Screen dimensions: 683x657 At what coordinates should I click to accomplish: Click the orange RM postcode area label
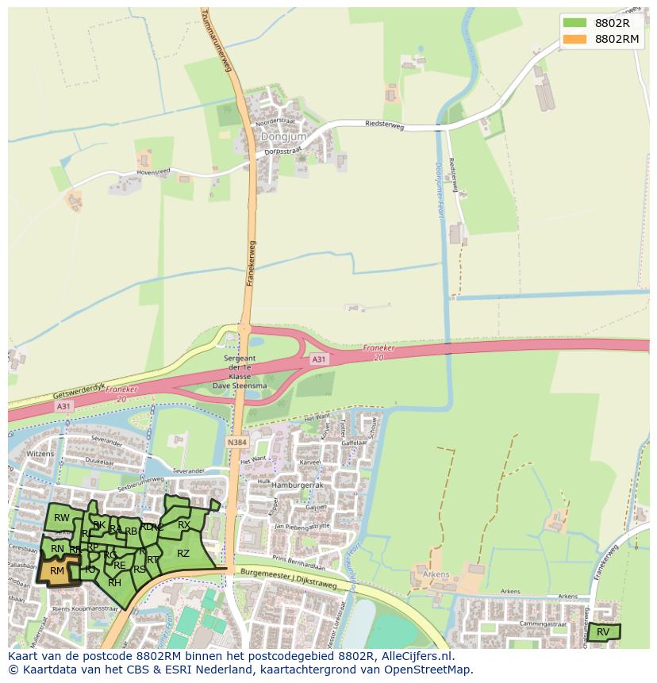(x=57, y=570)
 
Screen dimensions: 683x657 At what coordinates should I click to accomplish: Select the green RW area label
(x=62, y=518)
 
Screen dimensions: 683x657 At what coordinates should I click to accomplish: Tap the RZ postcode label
(x=183, y=554)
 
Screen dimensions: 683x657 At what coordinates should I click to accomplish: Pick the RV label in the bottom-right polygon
(x=603, y=632)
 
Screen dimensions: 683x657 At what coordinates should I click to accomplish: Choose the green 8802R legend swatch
(x=574, y=23)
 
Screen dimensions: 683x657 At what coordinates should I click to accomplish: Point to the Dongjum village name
(x=276, y=136)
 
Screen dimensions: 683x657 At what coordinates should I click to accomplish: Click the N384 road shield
(x=236, y=443)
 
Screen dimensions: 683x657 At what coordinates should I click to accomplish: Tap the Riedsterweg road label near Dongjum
(x=385, y=125)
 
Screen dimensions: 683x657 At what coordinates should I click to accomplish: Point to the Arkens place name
(x=436, y=574)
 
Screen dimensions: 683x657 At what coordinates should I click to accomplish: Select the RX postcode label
(x=183, y=525)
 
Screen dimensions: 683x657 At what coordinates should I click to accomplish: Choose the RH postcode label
(x=114, y=582)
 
